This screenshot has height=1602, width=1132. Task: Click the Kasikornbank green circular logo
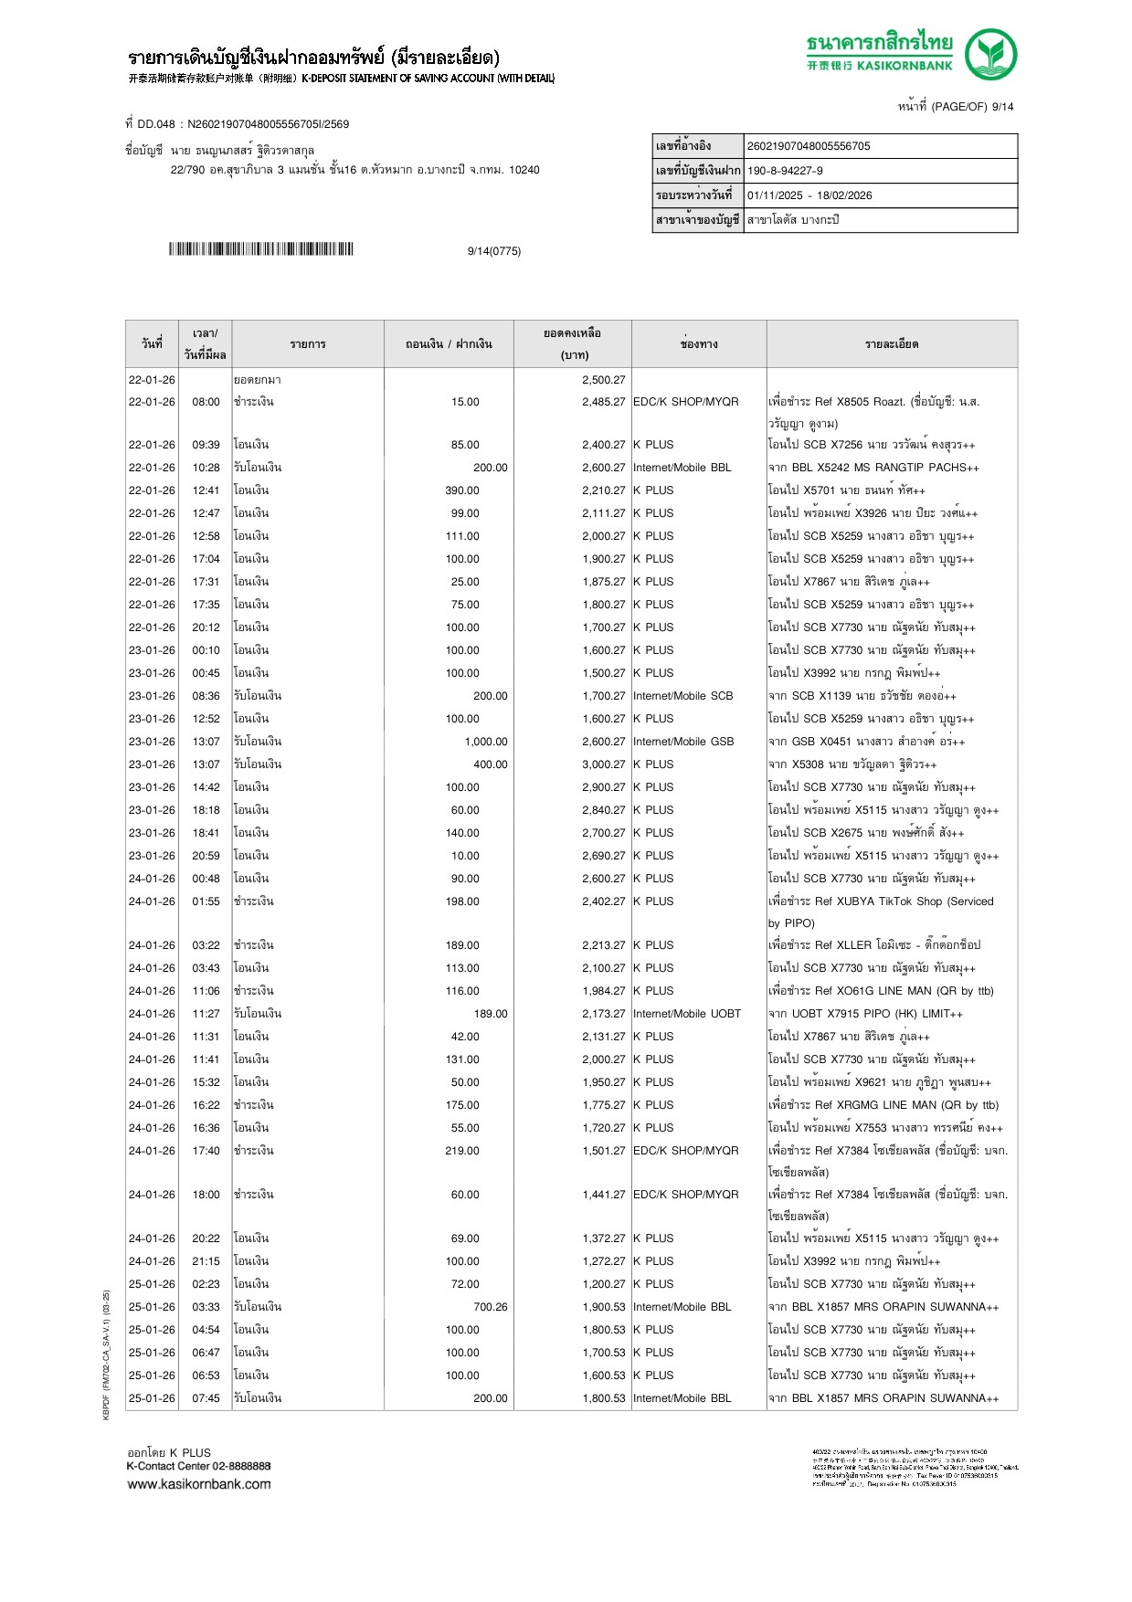coord(990,54)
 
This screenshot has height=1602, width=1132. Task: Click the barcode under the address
coord(260,249)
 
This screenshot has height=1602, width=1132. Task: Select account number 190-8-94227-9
coord(785,171)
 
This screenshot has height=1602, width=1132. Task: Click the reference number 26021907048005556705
coord(809,146)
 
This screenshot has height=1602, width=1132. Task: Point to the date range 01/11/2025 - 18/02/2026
coord(809,195)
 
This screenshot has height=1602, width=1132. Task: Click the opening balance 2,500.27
coord(603,380)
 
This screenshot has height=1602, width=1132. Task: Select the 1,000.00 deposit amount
coord(485,742)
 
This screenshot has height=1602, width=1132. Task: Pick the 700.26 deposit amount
coord(490,1307)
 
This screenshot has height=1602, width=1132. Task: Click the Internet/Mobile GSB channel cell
coord(683,742)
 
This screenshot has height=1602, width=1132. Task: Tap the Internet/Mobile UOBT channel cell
coord(687,1014)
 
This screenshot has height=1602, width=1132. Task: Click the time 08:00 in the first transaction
coord(206,402)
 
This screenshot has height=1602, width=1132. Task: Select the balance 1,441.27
coord(603,1195)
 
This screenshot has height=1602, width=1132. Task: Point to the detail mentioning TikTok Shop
coord(881,901)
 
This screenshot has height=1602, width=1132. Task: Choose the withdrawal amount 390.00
coord(462,490)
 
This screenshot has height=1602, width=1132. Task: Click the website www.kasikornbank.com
coord(199,1484)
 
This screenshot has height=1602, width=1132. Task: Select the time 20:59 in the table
coord(206,856)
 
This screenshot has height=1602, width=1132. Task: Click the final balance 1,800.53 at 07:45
coord(603,1398)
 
